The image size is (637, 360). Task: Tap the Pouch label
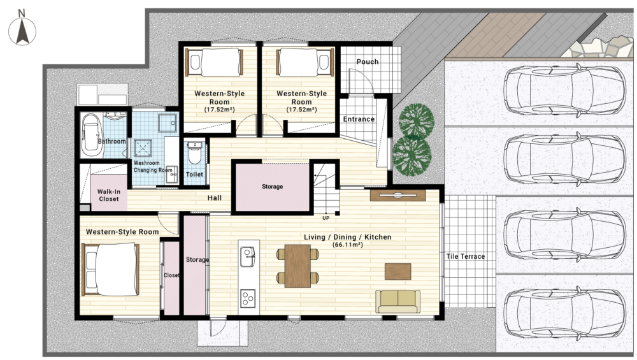[368, 62]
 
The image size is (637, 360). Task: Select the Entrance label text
[359, 119]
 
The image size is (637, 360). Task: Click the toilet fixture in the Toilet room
[195, 152]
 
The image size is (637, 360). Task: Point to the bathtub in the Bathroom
[91, 135]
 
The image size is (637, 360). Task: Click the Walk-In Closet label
[108, 195]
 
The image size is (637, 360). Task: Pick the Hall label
[215, 198]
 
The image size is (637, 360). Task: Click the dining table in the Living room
[297, 266]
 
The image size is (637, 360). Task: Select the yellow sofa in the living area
[397, 301]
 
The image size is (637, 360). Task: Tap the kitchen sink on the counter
[247, 257]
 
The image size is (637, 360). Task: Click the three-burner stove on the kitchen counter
[248, 298]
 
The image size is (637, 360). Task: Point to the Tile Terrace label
[466, 256]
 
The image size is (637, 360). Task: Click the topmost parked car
[564, 90]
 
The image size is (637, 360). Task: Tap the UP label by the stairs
[326, 218]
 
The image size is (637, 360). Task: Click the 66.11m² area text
[347, 245]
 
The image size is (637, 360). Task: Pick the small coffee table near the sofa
[397, 271]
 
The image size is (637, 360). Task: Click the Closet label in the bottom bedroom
[171, 275]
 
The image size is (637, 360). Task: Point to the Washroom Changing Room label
[153, 166]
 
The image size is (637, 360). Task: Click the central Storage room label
[272, 187]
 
